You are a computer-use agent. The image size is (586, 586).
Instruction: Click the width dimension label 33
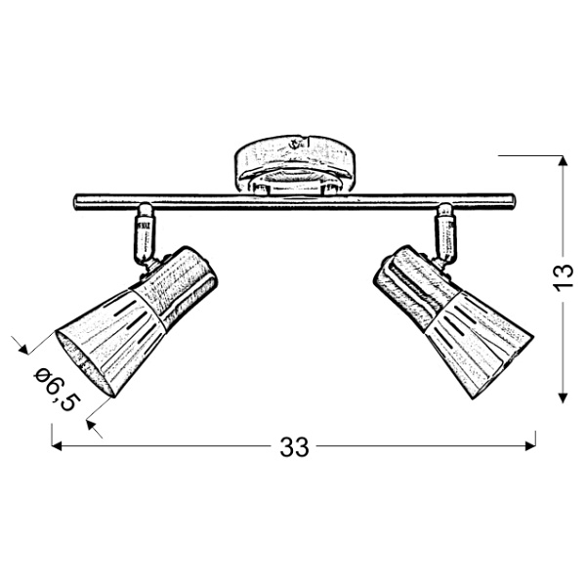click(x=293, y=447)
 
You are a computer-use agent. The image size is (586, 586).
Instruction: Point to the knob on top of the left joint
click(x=145, y=208)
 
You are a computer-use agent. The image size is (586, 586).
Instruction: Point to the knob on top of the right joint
click(x=444, y=208)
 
